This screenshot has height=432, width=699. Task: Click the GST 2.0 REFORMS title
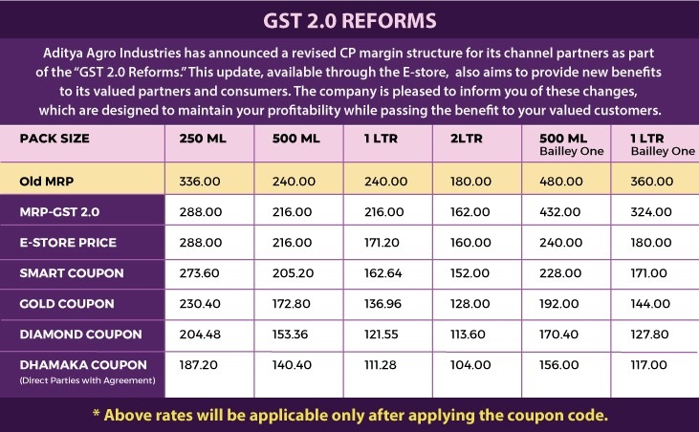tap(349, 20)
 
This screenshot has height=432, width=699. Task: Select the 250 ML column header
tap(204, 138)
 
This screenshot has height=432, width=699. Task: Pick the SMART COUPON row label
tap(72, 273)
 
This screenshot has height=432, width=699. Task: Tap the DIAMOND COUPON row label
tap(81, 335)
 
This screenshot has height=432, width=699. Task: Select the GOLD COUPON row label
tap(68, 304)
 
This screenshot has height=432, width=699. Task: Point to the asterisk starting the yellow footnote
tap(97, 416)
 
